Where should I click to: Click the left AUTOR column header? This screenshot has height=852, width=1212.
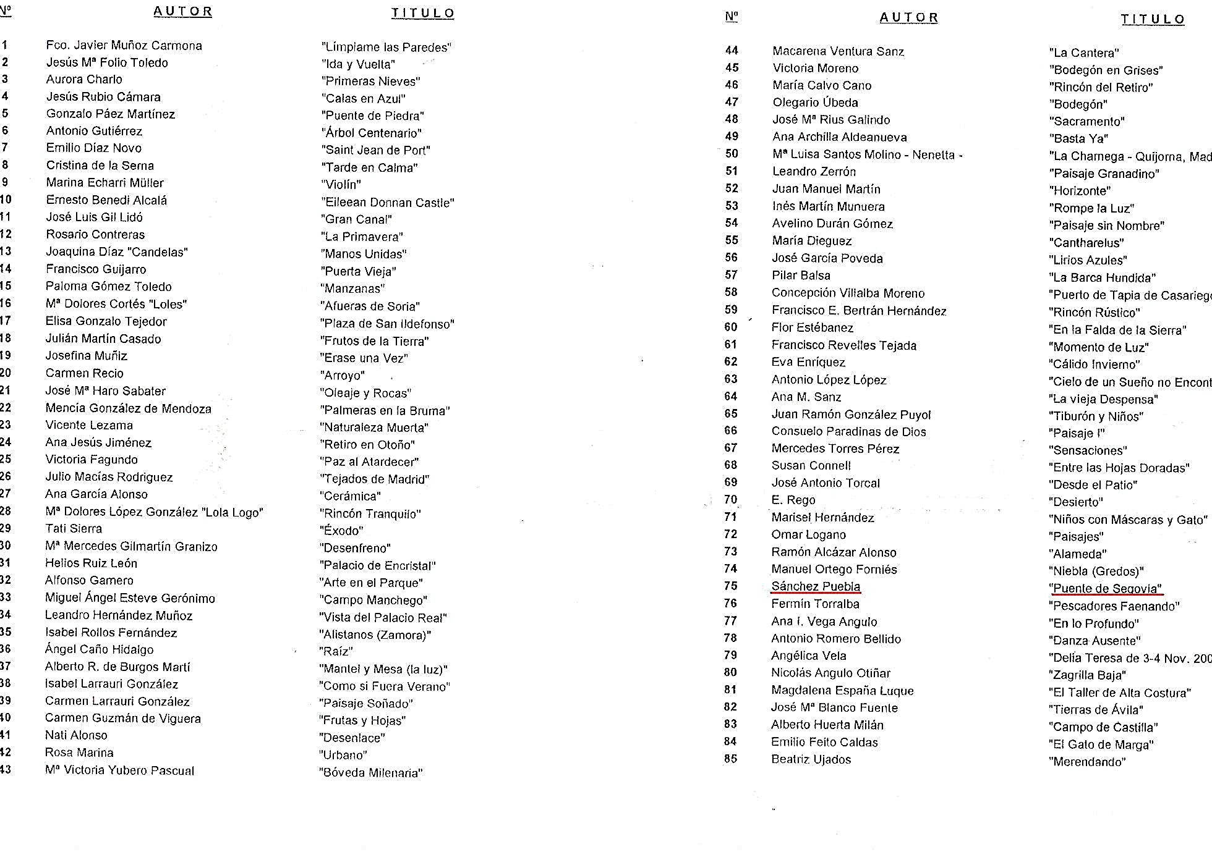[182, 12]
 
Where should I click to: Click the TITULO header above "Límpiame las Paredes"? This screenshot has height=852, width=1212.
[422, 14]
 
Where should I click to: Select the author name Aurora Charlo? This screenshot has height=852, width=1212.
[84, 79]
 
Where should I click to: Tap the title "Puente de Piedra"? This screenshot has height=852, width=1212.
[372, 116]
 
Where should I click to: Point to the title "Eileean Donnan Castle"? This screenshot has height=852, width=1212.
[387, 202]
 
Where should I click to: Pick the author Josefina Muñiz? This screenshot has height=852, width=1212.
[86, 356]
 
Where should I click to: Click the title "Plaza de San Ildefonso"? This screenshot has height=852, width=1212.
[387, 324]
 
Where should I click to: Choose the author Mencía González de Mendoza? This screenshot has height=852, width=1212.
[128, 408]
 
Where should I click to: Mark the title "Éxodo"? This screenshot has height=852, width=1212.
[341, 531]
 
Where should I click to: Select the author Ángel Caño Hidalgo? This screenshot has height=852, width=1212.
[99, 649]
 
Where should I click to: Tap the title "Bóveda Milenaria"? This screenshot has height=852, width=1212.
[370, 773]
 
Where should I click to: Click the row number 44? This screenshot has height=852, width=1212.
[732, 51]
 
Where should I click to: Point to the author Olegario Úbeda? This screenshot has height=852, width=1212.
[815, 103]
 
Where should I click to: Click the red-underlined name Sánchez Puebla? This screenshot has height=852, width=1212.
[816, 586]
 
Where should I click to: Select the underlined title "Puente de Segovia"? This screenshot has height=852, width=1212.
[1105, 588]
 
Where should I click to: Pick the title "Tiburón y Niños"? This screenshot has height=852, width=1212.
[1096, 416]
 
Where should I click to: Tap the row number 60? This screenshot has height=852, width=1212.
[731, 327]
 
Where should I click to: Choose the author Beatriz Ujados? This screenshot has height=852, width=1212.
[811, 759]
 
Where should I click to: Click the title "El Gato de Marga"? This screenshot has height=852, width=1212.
[1101, 745]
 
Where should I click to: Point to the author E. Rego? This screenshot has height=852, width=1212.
[793, 500]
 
